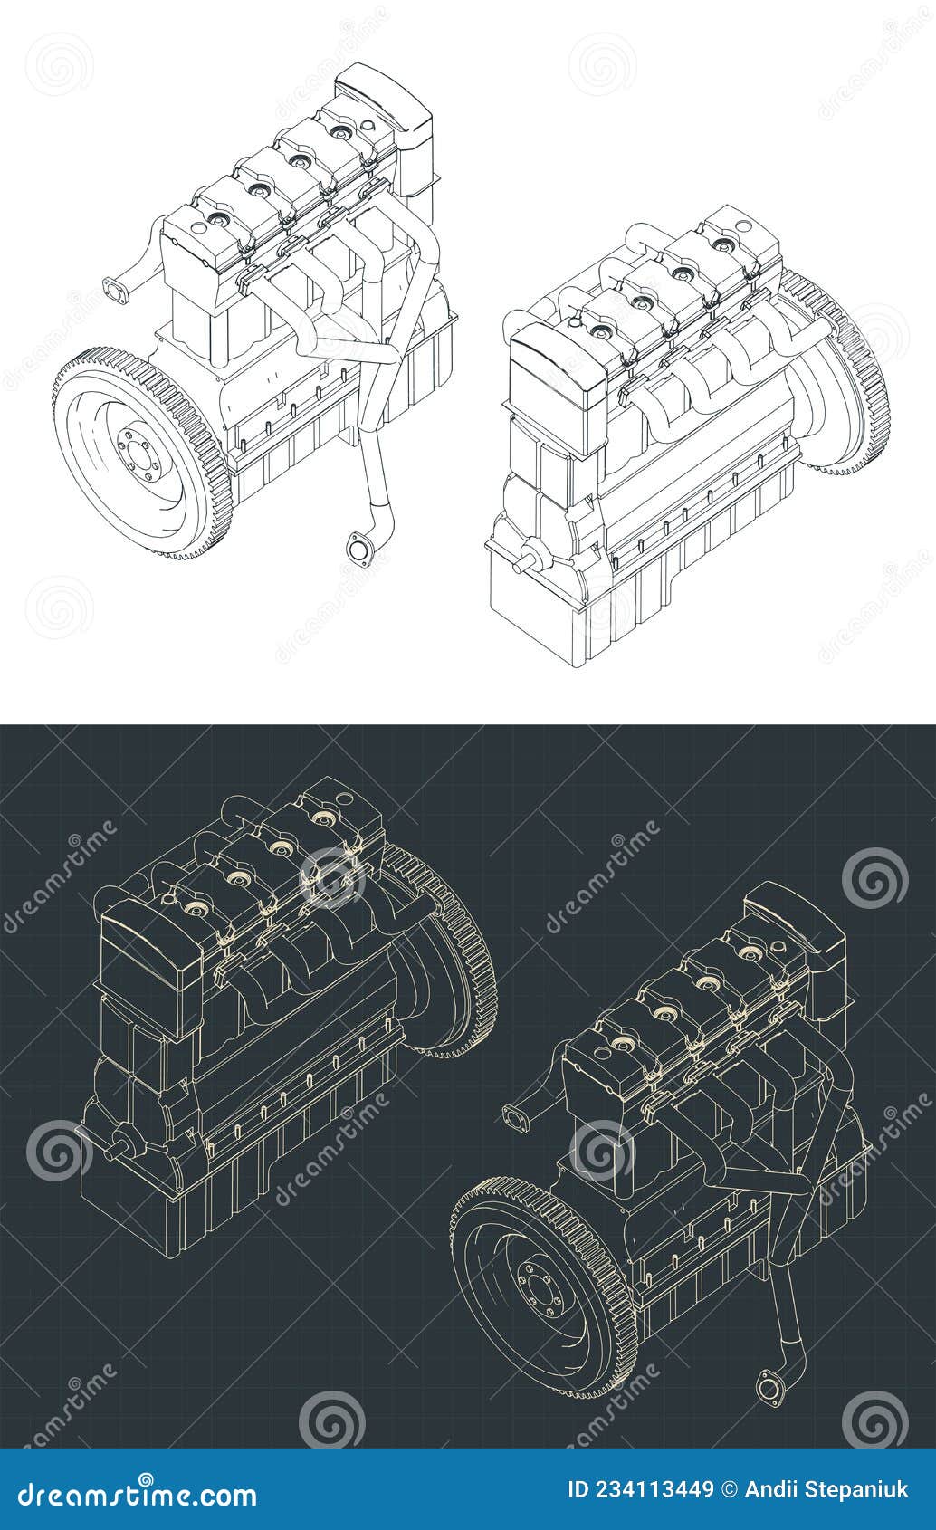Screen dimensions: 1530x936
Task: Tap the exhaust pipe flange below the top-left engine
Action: point(358,549)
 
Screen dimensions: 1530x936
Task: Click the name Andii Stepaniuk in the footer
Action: point(842,1490)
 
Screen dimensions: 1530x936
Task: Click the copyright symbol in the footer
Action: point(730,1490)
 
